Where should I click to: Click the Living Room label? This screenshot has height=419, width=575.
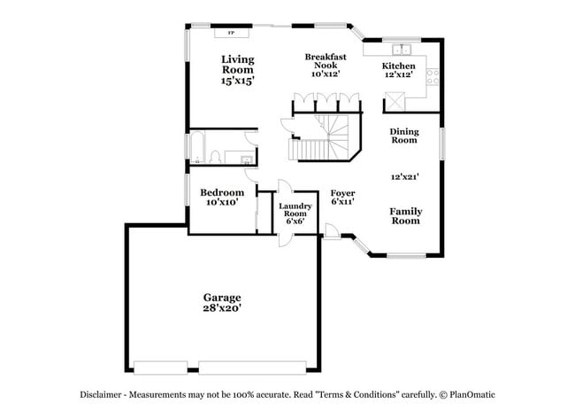pos(237,65)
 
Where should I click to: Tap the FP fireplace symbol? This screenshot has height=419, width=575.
pos(232,34)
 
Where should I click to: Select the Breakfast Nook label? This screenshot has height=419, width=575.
pos(325,61)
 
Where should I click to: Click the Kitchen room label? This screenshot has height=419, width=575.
pos(397,66)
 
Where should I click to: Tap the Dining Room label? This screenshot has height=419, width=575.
pos(404,136)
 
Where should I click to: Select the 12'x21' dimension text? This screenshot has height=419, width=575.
pos(404,176)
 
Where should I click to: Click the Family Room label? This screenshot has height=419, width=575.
pos(406,216)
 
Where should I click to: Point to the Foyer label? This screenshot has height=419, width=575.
pos(342,193)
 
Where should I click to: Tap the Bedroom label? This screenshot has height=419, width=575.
pos(221,193)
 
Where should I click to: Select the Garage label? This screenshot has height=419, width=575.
pos(221,298)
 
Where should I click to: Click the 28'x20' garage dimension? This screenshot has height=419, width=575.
pos(221,309)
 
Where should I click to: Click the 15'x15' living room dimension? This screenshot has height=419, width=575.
pos(237,81)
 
